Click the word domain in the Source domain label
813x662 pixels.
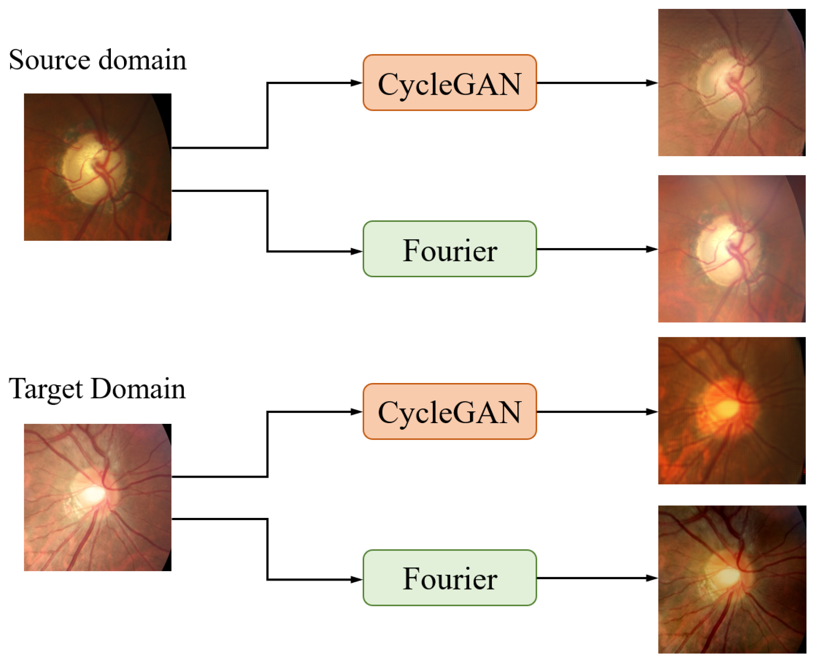143,60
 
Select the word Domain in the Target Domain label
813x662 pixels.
138,389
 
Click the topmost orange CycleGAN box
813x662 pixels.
449,83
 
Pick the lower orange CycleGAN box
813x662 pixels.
449,411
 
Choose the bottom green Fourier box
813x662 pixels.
449,578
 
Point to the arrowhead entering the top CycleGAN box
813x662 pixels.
356,83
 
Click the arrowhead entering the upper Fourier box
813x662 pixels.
356,251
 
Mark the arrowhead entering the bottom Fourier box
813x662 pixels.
356,580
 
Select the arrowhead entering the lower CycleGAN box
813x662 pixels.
356,412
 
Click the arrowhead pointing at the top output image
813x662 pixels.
652,83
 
